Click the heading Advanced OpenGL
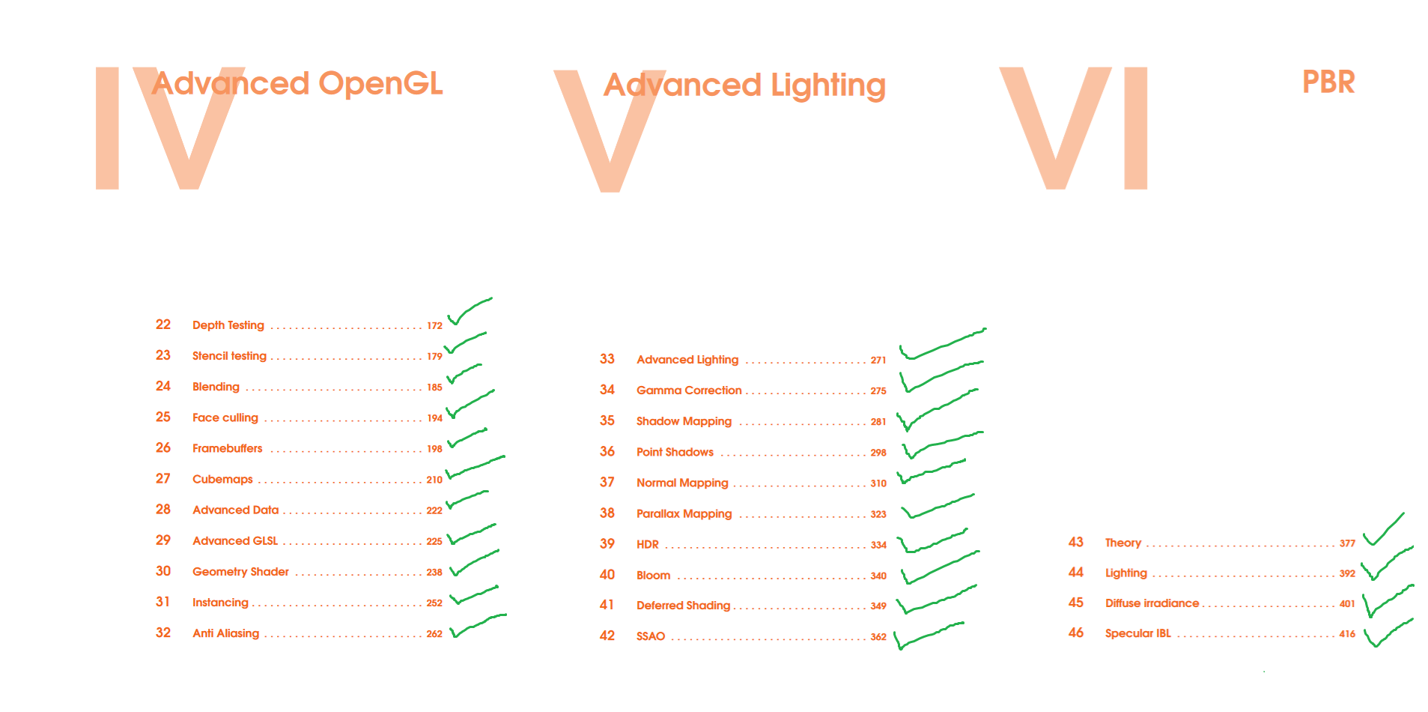[297, 84]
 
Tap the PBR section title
[1328, 82]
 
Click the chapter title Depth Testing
[228, 325]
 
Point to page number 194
[434, 418]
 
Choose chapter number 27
[163, 479]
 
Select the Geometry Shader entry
[240, 572]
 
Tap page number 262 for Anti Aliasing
[434, 634]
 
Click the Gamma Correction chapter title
[689, 390]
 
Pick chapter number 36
[607, 452]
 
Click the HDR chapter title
[648, 545]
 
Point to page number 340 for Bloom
[878, 576]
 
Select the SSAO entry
[651, 636]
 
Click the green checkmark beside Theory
[1382, 531]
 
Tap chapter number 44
[1076, 573]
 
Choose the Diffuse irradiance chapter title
[1152, 603]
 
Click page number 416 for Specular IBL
[1347, 634]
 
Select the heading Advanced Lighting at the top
[744, 85]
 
